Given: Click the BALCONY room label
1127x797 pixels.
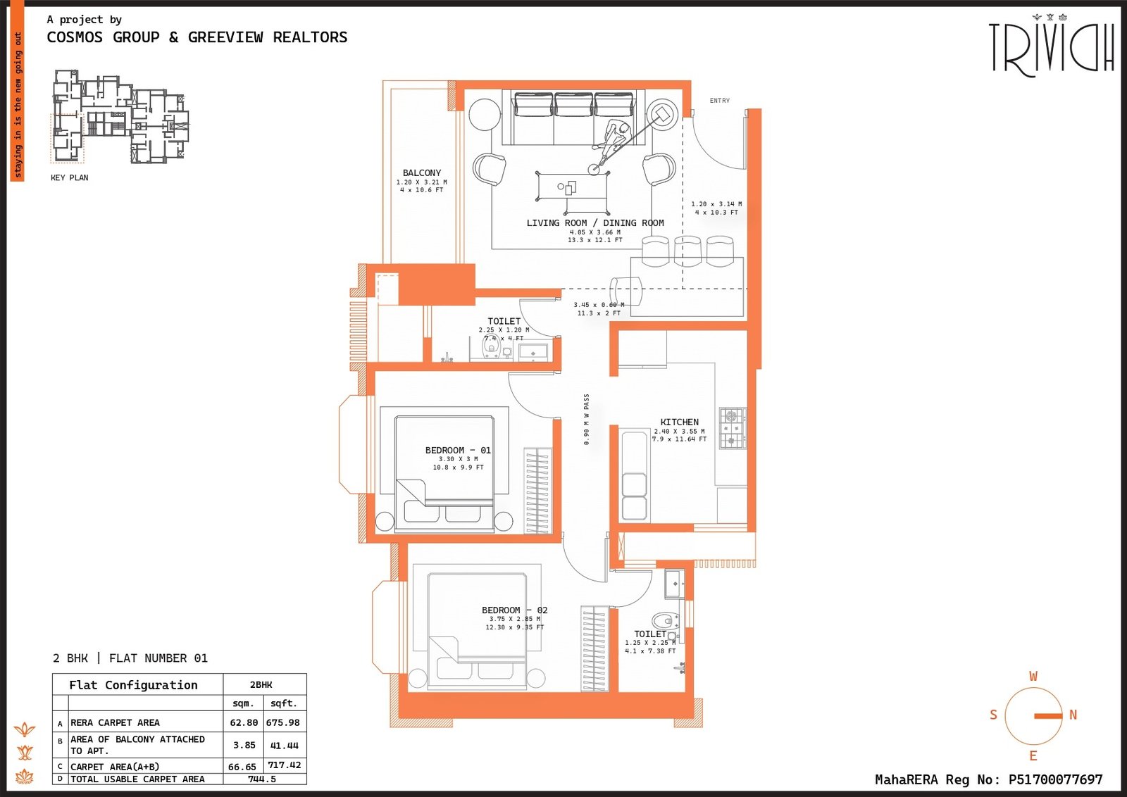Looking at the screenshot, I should tap(422, 172).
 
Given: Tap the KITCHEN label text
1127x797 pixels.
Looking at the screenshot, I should tap(679, 422).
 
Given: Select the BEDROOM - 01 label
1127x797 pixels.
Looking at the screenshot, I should tap(458, 450).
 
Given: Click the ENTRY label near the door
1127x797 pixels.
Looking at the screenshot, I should tap(719, 101).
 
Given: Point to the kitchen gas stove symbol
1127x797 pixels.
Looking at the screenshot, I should tap(733, 427).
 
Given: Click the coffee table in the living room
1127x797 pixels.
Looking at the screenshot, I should tap(572, 187).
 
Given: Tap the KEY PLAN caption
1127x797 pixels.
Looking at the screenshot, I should tap(69, 177).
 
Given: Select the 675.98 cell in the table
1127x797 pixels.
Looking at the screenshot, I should tap(282, 722).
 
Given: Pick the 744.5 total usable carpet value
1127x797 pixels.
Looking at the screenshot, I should tap(262, 779).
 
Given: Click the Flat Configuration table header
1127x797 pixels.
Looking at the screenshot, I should tap(133, 685).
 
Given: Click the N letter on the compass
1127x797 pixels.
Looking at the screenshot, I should tap(1073, 715).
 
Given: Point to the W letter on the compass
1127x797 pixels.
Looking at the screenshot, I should tap(1033, 676).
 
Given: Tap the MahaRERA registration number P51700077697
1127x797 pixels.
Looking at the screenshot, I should tap(1055, 779).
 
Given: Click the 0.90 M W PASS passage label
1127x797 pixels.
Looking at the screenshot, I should tap(586, 419).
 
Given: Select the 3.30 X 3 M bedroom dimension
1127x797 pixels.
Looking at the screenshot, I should tap(458, 459).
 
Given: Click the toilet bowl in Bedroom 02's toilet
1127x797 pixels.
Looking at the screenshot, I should tap(663, 621).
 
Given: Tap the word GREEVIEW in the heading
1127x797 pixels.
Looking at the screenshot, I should tap(225, 37).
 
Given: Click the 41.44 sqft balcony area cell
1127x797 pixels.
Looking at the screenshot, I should tap(284, 745).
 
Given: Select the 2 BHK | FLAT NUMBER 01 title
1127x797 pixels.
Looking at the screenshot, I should tap(130, 658).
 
